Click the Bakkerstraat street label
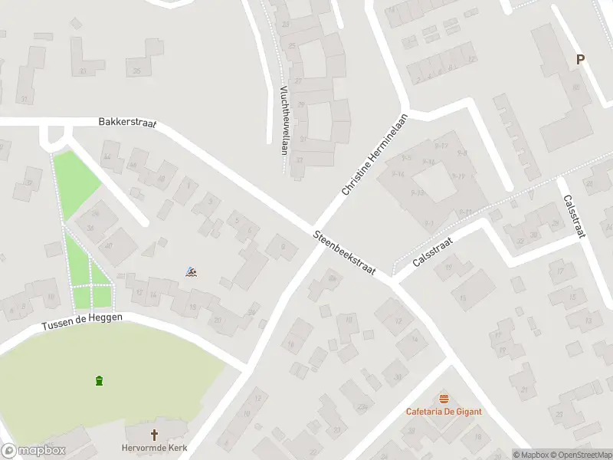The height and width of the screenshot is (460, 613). tap(127, 123)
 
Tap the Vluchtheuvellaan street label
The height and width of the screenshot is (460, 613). tap(284, 120)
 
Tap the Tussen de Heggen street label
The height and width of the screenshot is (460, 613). tap(81, 323)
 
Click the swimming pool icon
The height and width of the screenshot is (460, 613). tap(191, 271)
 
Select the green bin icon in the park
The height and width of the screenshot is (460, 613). tap(99, 381)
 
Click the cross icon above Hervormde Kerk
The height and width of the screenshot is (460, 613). tap(154, 435)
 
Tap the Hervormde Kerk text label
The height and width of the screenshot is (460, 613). tap(154, 448)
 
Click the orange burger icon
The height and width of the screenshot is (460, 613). tap(444, 399)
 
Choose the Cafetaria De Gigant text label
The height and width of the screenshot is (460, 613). tap(444, 412)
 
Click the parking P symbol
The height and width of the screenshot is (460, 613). tap(580, 60)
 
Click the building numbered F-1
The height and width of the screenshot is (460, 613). tap(429, 223)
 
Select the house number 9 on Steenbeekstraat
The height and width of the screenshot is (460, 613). tap(283, 246)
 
